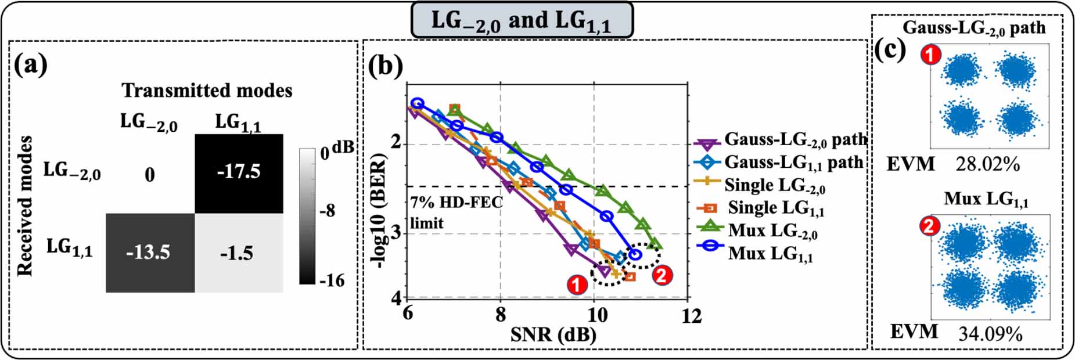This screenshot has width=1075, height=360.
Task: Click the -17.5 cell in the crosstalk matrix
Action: [239, 172]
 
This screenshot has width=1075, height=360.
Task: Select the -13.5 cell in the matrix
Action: [149, 252]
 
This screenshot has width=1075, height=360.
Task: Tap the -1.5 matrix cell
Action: [238, 253]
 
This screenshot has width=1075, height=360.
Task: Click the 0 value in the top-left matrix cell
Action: [150, 175]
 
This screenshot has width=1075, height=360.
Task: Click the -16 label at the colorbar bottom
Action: [331, 280]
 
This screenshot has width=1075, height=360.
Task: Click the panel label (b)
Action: [386, 66]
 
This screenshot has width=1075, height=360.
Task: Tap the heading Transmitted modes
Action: [207, 91]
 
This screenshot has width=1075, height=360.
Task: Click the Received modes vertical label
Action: [24, 206]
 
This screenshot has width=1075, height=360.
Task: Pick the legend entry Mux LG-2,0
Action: [772, 231]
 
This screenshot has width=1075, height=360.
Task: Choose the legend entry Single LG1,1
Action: [776, 208]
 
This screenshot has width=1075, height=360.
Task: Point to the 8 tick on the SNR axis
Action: [501, 315]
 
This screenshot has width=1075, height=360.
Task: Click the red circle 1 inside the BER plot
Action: [576, 285]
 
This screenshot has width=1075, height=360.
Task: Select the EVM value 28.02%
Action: [987, 164]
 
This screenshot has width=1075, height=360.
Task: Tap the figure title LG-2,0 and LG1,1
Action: [521, 21]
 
